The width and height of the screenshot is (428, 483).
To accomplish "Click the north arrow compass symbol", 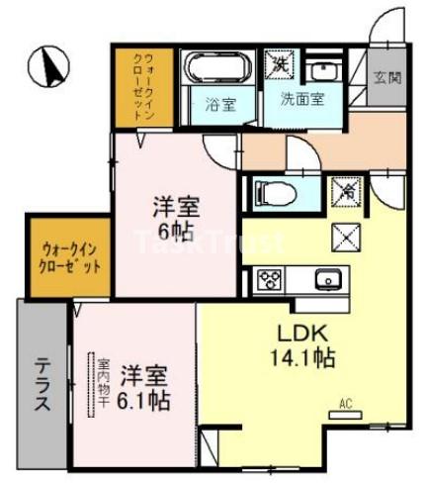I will [x=50, y=66].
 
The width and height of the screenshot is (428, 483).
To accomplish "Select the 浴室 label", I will [x=219, y=102].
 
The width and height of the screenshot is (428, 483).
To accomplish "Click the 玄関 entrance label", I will [x=386, y=78].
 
